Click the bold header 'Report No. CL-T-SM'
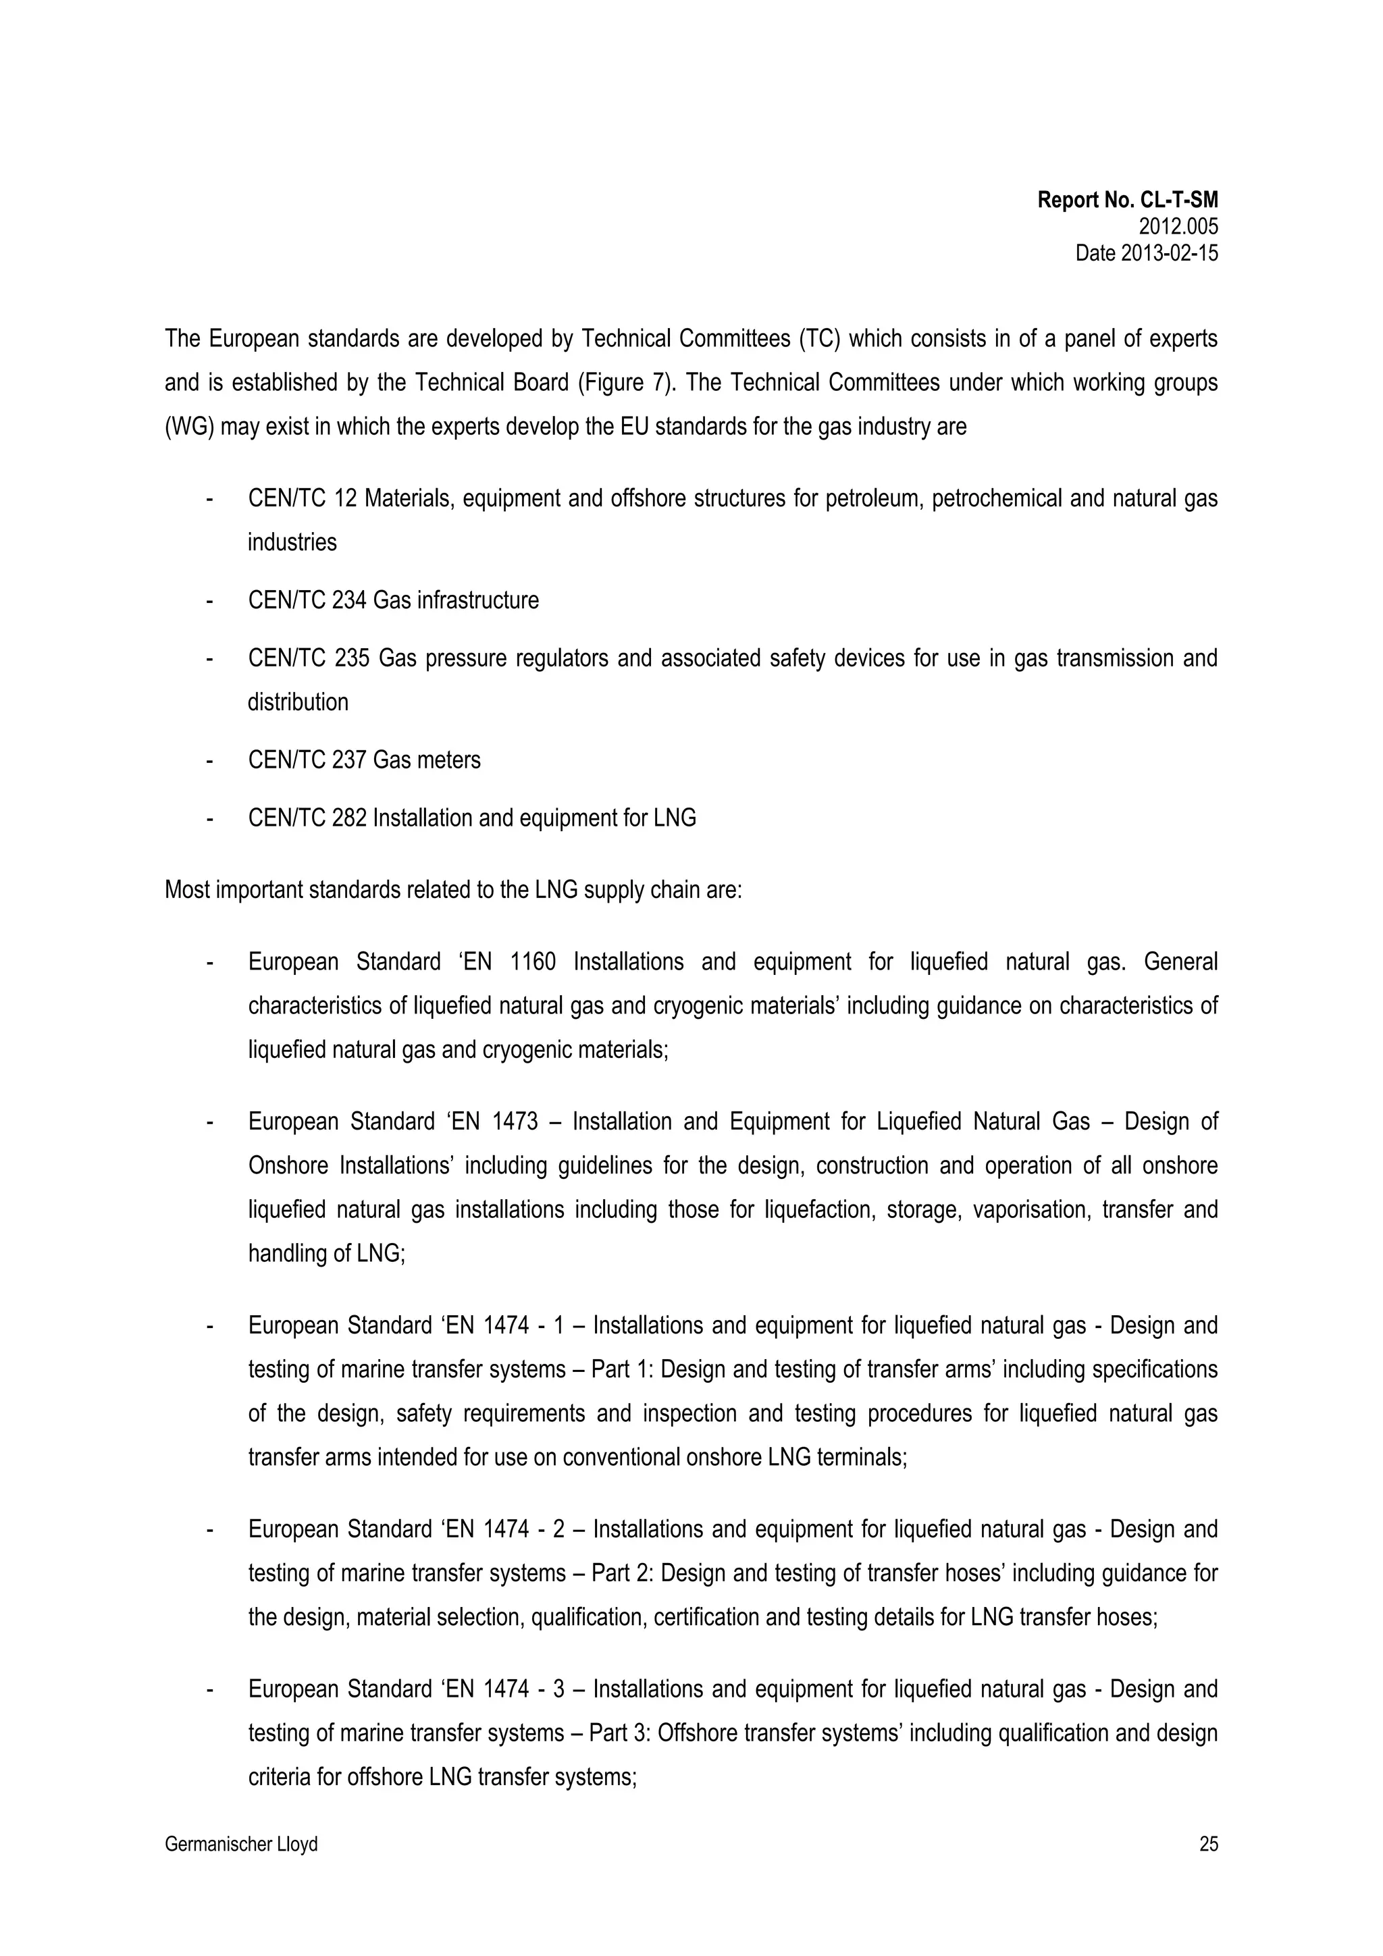click(x=1126, y=201)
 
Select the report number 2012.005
click(x=1178, y=227)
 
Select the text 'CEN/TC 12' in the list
click(x=302, y=498)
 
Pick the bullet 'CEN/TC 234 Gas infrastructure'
click(x=393, y=601)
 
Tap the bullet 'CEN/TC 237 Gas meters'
click(x=364, y=760)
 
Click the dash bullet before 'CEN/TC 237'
click(x=209, y=760)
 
